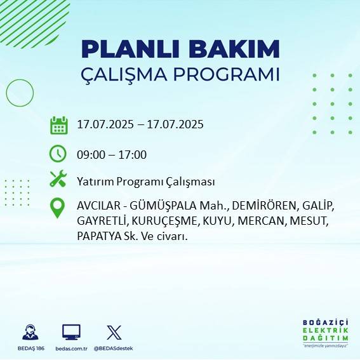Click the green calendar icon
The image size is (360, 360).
coord(58,125)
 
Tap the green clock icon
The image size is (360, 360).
coord(58,154)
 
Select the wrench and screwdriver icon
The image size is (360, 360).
coord(58,180)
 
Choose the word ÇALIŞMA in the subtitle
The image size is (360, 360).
coord(125,74)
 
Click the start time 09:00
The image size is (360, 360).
coord(90,154)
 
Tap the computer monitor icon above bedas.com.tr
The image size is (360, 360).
coord(71,332)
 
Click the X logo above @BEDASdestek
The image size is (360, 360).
coord(114,332)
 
